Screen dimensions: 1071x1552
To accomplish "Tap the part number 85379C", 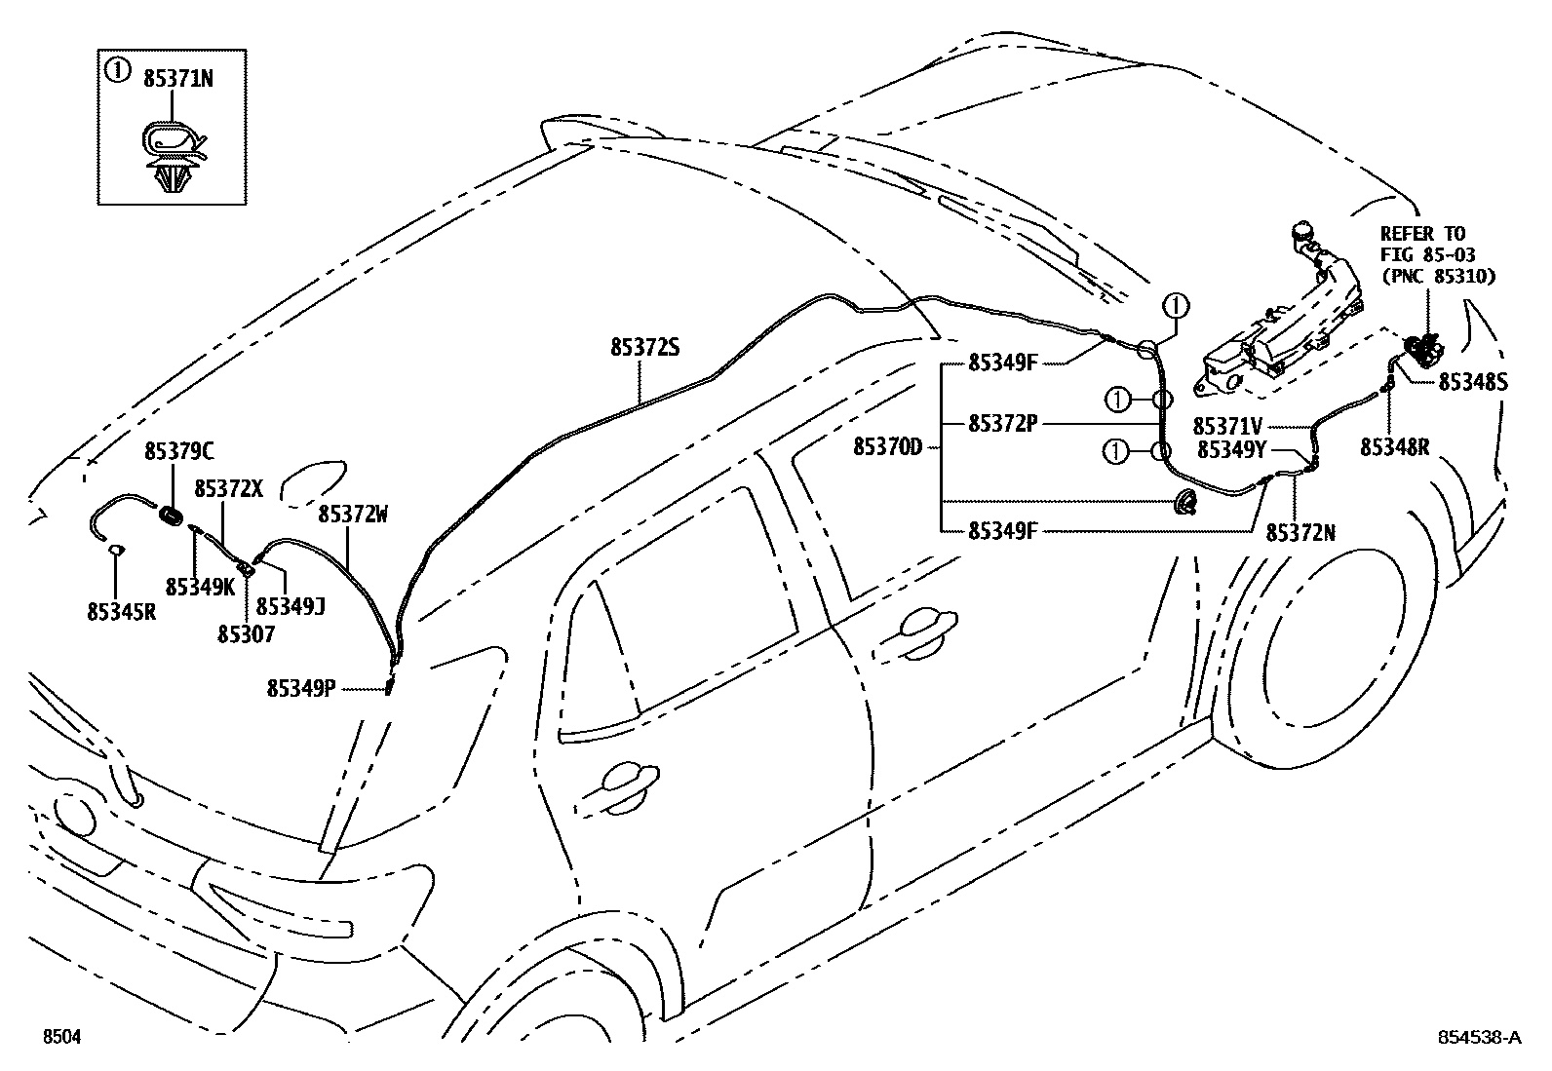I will (x=179, y=451).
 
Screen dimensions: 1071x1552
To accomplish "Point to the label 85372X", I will (x=228, y=488).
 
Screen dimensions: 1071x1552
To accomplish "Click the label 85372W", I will (x=353, y=514).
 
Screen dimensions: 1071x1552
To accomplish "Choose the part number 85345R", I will (x=121, y=611).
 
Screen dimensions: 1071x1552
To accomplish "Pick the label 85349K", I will (x=200, y=587).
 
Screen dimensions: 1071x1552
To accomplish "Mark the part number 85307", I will (x=246, y=633).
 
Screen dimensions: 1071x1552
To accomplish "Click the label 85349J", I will (x=290, y=606).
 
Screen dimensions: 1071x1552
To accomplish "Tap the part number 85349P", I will (x=301, y=688).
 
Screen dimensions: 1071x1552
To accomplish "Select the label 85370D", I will (x=887, y=446).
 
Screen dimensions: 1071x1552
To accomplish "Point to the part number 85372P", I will (x=1003, y=424).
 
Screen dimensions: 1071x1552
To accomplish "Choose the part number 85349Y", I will (x=1231, y=449).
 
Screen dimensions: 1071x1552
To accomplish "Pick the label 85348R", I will (x=1395, y=446).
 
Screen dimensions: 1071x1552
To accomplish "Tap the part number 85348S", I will (x=1473, y=382).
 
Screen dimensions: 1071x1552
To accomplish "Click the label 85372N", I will (x=1300, y=532).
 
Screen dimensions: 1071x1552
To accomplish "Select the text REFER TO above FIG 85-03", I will (x=1422, y=234).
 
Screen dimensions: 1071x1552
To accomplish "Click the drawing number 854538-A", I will (x=1477, y=1038).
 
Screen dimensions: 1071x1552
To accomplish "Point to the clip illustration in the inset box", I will (x=173, y=158).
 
